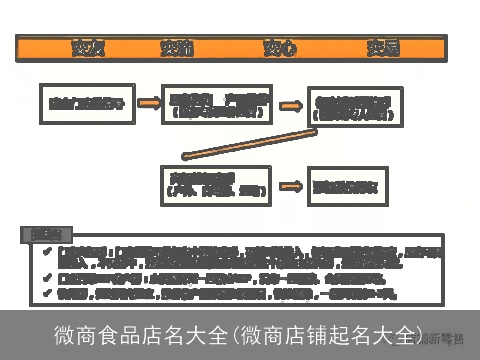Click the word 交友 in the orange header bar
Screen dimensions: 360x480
click(83, 48)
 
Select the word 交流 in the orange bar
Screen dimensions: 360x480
click(175, 48)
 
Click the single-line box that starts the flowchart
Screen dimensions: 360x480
click(88, 103)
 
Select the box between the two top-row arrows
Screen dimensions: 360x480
click(217, 103)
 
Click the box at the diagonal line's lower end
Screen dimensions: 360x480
click(216, 185)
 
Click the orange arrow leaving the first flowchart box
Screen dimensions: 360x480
click(149, 102)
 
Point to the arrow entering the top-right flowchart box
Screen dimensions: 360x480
click(291, 103)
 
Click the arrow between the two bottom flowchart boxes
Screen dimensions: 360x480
click(290, 186)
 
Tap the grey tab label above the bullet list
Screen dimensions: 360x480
click(45, 234)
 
